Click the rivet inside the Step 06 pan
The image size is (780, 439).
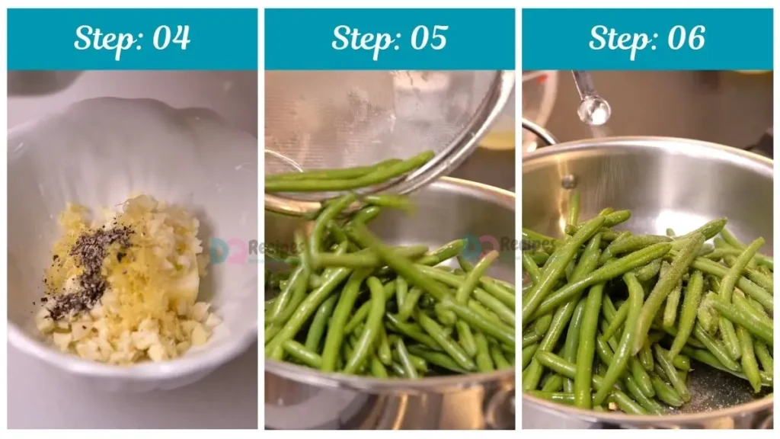tap(567, 181)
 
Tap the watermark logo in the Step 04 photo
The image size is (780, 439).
tap(219, 251)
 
